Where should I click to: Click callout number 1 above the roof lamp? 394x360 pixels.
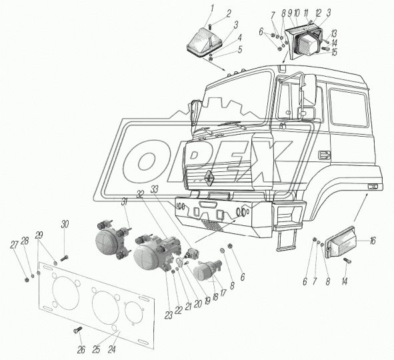[212, 9]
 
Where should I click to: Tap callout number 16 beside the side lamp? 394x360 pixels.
[373, 241]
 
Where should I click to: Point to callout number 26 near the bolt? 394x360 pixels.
[81, 349]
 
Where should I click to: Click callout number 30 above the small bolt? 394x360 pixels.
[65, 224]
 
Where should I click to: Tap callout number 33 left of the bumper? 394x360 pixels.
[154, 189]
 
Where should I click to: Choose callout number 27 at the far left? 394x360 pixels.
[14, 245]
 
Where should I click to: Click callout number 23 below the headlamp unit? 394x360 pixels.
[169, 315]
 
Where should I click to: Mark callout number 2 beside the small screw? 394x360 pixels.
[228, 14]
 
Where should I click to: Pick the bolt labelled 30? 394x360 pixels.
[64, 258]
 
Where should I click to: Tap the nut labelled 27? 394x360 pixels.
[26, 279]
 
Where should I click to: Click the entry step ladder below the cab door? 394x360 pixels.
[286, 241]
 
